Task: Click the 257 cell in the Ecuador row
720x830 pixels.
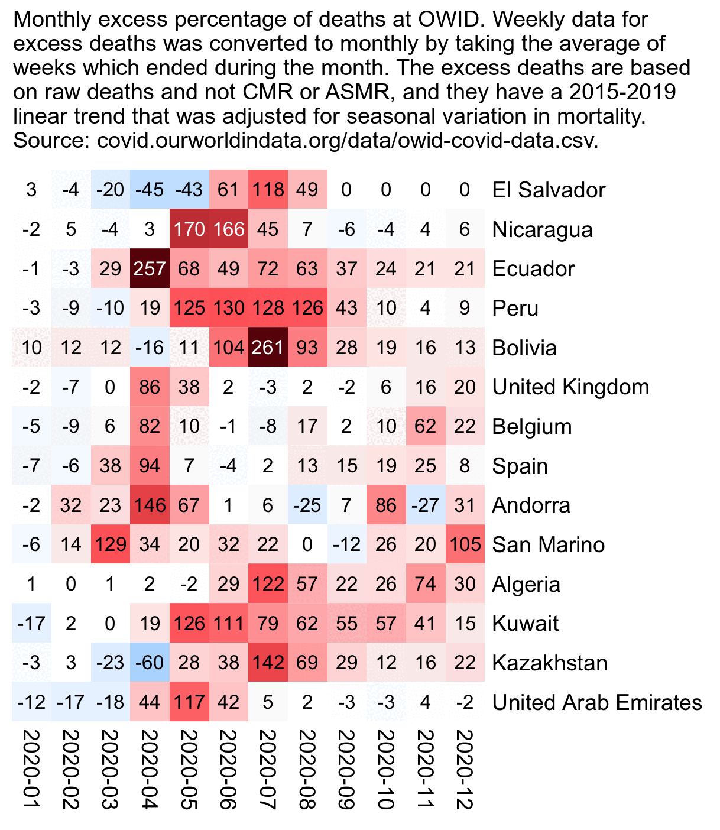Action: pos(150,268)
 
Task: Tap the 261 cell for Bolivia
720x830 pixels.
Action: pos(268,347)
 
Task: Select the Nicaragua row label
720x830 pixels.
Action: pos(542,229)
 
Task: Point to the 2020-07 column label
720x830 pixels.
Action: pos(268,769)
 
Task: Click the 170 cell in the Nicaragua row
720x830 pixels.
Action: pos(189,229)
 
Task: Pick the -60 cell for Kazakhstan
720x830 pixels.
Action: pos(150,663)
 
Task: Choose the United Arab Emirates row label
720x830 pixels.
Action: pos(597,702)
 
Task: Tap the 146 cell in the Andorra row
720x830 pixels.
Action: pos(150,505)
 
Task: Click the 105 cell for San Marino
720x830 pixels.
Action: pos(465,544)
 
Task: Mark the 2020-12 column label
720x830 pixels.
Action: pos(465,769)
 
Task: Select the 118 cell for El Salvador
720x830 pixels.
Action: pos(268,190)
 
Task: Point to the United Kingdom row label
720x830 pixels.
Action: pos(570,387)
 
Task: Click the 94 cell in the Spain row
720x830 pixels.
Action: pos(150,466)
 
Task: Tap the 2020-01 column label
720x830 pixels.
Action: pos(31,769)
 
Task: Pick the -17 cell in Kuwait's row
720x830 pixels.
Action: pos(31,623)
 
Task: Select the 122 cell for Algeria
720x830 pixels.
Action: pos(268,584)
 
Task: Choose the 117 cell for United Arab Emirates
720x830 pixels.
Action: pos(189,702)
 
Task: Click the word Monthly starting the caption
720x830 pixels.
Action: pos(52,20)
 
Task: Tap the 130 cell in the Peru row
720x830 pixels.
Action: pos(228,308)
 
